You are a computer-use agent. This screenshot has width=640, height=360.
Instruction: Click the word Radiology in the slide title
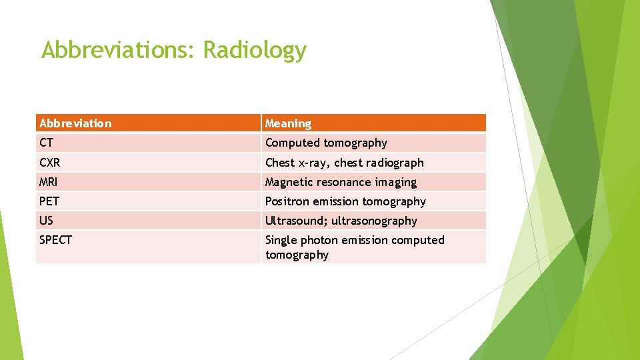(255, 51)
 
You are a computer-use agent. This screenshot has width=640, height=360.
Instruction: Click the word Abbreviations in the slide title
(119, 50)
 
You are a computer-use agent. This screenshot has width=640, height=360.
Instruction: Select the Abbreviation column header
(75, 123)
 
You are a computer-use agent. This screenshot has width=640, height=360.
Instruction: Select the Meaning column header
(288, 123)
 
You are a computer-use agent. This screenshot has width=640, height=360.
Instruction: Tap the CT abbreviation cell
(47, 143)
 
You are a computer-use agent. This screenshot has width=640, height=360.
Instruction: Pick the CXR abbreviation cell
(50, 163)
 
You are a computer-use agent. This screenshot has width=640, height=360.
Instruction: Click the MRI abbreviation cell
(49, 182)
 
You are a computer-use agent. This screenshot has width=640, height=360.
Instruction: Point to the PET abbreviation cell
(49, 201)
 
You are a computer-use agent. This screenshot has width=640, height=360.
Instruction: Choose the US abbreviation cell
(46, 221)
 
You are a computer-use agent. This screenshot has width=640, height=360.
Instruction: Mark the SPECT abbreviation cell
(55, 240)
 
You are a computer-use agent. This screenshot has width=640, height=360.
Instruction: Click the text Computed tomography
(326, 143)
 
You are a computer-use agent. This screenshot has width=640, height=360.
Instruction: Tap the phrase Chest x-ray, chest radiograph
(344, 163)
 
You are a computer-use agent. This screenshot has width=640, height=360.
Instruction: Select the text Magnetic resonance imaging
(341, 182)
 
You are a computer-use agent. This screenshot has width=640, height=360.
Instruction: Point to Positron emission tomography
(345, 201)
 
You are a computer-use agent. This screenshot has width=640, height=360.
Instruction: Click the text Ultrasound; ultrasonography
(341, 221)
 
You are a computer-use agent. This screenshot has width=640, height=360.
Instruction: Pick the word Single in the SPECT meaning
(281, 240)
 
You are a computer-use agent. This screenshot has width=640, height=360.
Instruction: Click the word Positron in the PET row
(287, 201)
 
